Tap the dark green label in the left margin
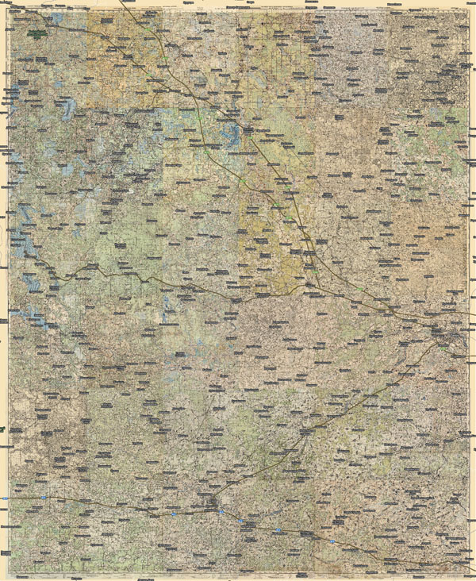click(3, 429)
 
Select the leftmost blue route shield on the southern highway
click(44, 498)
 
